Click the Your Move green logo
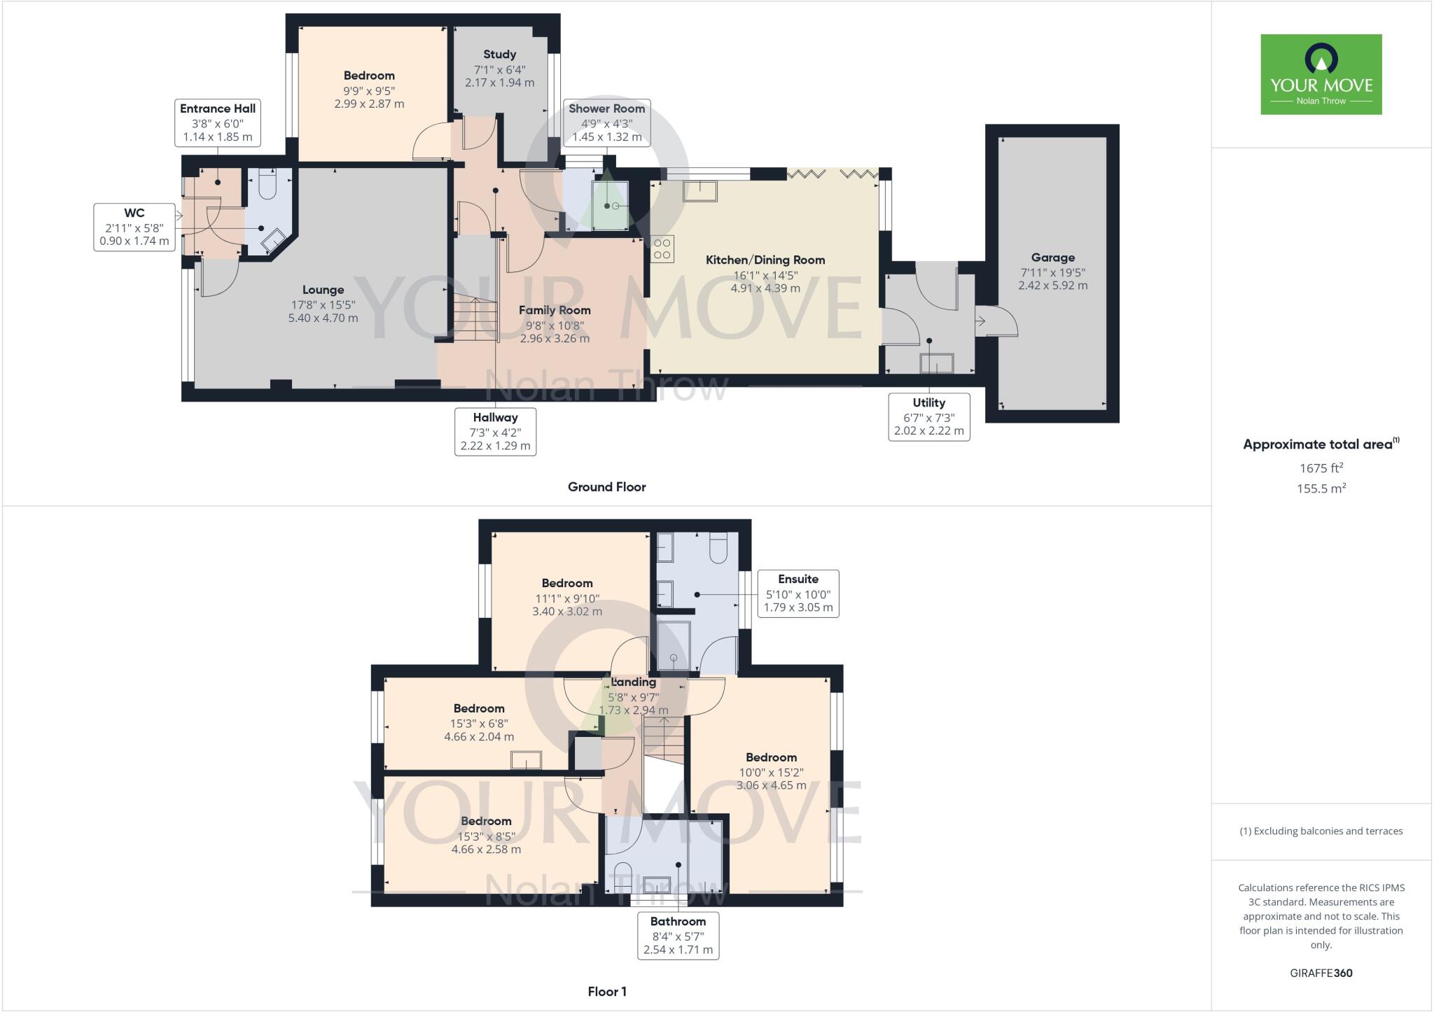1321,74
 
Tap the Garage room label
1052,258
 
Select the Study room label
499,55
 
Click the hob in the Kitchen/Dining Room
662,249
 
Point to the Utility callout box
928,416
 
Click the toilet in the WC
268,184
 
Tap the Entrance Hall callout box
218,122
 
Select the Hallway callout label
495,431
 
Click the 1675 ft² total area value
1321,468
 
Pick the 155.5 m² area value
1321,489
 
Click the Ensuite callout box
798,593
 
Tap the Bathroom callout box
678,935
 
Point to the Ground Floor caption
606,487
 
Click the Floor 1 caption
606,992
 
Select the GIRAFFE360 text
1321,973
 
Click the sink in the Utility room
936,364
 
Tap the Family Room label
555,310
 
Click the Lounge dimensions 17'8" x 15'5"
323,304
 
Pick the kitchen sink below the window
700,190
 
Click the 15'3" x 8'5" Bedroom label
485,836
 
